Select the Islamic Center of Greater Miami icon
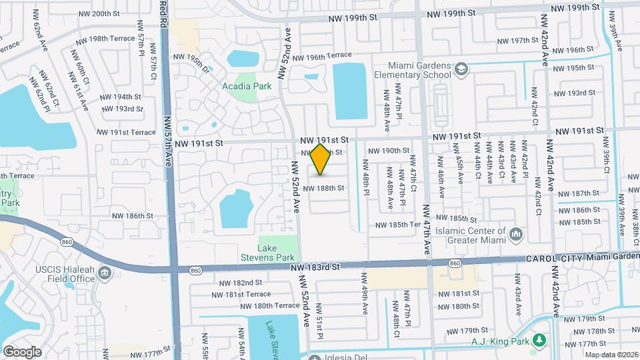(x=517, y=234)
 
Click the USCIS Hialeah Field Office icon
(x=104, y=273)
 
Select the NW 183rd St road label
(x=316, y=267)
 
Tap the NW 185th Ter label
(x=397, y=225)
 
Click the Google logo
(x=22, y=351)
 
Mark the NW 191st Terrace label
(x=126, y=133)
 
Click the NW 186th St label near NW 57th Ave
(x=133, y=216)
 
